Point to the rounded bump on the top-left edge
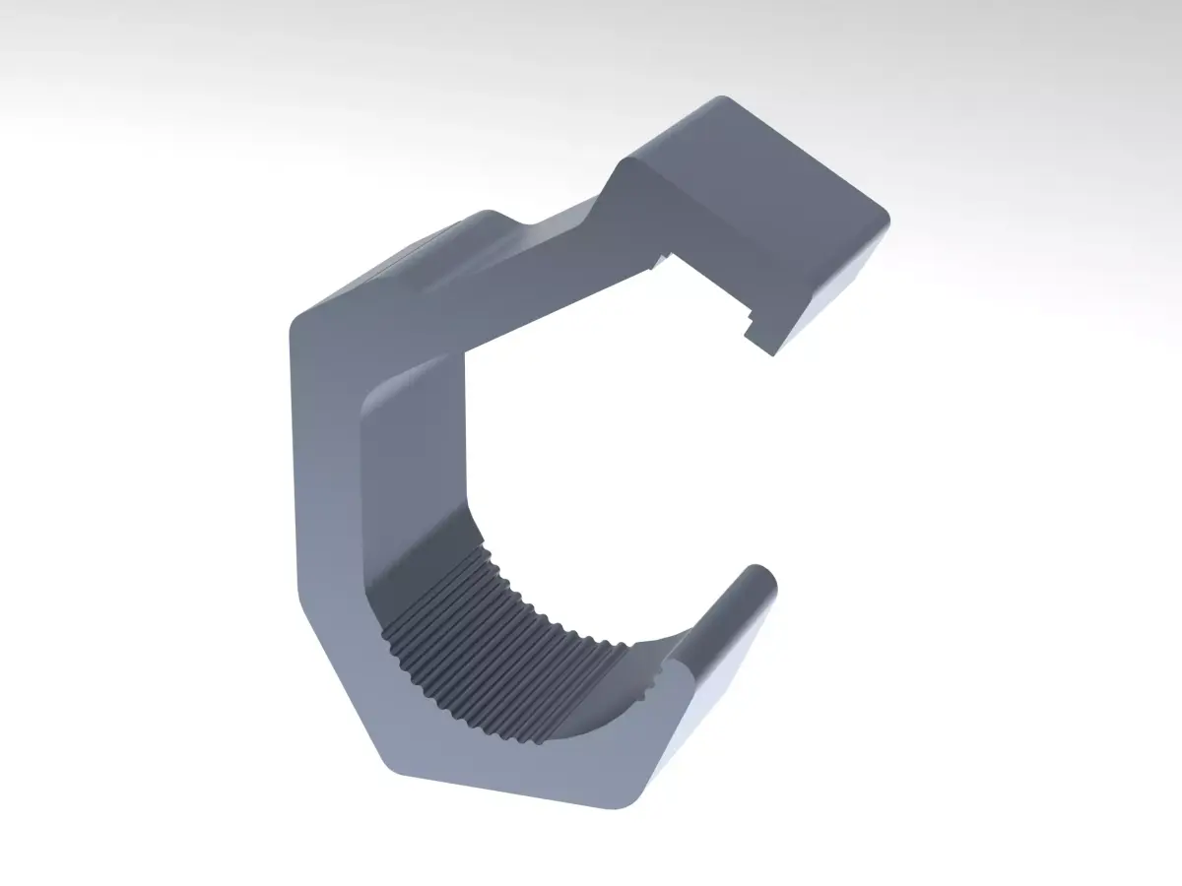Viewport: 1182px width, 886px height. [x=483, y=217]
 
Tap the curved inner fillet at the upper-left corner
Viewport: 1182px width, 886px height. [x=379, y=394]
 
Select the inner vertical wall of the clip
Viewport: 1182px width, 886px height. [x=414, y=463]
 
